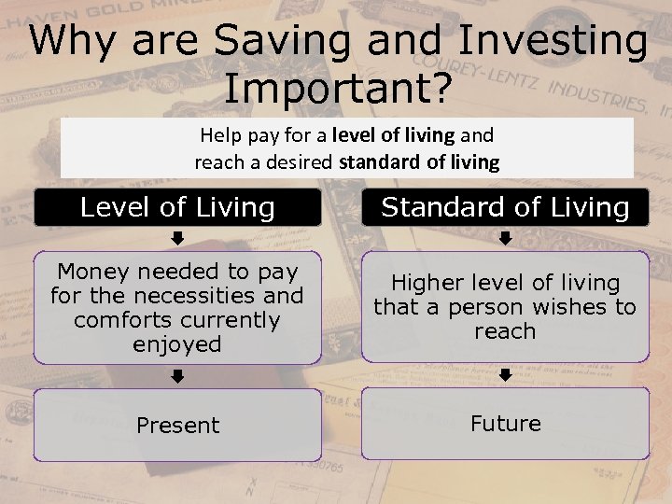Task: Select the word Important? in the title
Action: point(338,88)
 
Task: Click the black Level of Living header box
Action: point(177,207)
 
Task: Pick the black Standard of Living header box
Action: point(505,207)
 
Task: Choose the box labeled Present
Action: point(177,426)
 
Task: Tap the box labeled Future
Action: point(505,424)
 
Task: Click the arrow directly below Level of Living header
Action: point(177,238)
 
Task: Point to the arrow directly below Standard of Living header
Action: point(505,238)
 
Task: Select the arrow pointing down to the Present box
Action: point(177,376)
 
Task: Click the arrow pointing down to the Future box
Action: point(505,375)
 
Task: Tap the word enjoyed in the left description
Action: point(177,344)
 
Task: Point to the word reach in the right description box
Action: point(505,331)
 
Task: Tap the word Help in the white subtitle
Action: point(220,135)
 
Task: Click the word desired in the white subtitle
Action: point(300,161)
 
